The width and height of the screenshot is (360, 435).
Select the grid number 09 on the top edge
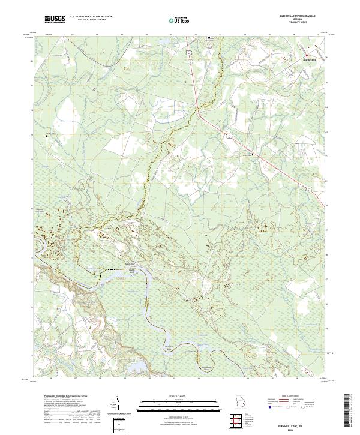[x=122, y=35]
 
